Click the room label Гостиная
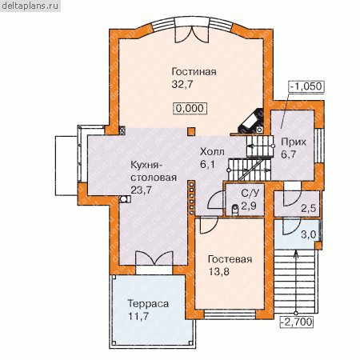click(x=194, y=72)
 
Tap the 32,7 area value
click(x=182, y=84)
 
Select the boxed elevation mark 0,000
click(x=190, y=108)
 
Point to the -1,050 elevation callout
click(x=306, y=86)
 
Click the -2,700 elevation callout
click(x=297, y=322)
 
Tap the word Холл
click(x=212, y=152)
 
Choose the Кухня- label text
click(x=146, y=165)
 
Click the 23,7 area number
click(x=142, y=190)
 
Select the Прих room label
click(x=294, y=142)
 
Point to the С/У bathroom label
click(x=250, y=193)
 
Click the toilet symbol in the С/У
click(x=235, y=210)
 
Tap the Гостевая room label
click(x=230, y=259)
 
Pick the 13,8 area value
click(x=219, y=272)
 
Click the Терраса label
click(x=148, y=304)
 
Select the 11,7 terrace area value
click(x=138, y=316)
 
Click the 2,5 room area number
click(x=309, y=208)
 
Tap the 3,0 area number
click(x=309, y=234)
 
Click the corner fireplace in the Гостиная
click(x=251, y=122)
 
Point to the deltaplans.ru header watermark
click(x=30, y=6)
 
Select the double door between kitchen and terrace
click(x=154, y=258)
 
